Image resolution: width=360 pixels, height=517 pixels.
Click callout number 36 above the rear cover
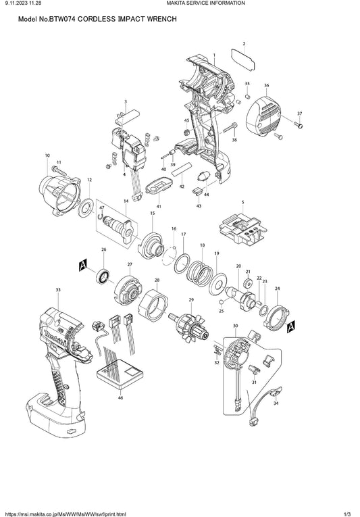click(x=266, y=85)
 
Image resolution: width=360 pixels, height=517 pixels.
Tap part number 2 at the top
click(x=244, y=44)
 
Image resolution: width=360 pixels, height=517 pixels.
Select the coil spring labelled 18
click(x=200, y=273)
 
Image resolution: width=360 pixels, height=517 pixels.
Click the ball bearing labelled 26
click(x=103, y=276)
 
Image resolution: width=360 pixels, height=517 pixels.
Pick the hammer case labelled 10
click(x=60, y=196)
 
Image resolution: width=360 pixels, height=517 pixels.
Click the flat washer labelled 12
click(x=86, y=207)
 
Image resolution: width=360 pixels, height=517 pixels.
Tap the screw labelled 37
click(x=298, y=125)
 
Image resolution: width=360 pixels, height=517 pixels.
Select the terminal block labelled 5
click(x=243, y=230)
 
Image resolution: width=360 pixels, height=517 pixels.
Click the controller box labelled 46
click(x=120, y=374)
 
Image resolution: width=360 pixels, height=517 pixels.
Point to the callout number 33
click(x=58, y=290)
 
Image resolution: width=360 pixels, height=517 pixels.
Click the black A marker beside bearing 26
click(x=83, y=265)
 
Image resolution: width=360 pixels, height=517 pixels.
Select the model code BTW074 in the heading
click(x=62, y=19)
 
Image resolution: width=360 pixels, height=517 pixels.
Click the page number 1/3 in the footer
click(x=346, y=514)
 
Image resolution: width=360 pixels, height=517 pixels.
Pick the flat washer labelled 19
click(x=217, y=283)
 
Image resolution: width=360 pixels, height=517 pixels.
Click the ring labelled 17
click(x=182, y=264)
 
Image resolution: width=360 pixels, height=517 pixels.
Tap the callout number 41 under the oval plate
click(x=159, y=206)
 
